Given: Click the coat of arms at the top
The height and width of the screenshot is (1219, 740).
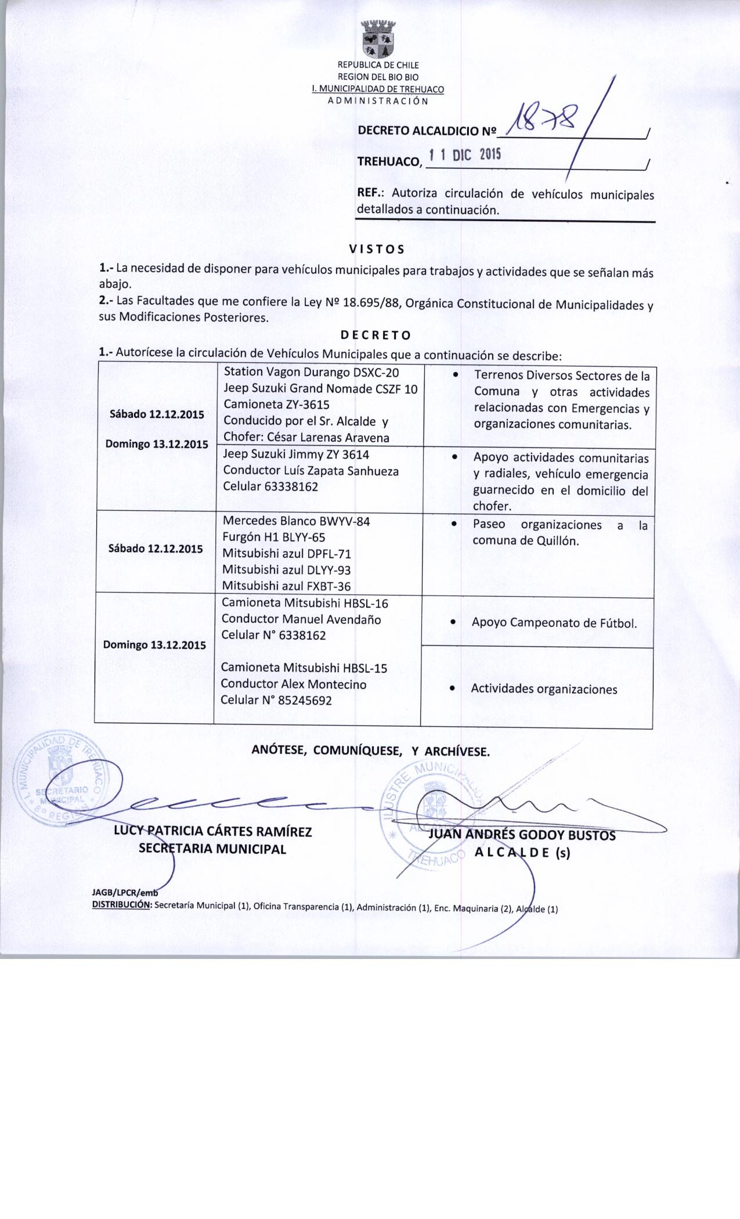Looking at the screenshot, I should pyautogui.click(x=378, y=39).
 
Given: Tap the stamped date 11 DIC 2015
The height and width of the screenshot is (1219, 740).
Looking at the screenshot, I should pyautogui.click(x=464, y=155).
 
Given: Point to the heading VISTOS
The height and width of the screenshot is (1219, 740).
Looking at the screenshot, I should pyautogui.click(x=376, y=250).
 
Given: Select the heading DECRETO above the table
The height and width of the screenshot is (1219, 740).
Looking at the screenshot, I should pyautogui.click(x=376, y=336).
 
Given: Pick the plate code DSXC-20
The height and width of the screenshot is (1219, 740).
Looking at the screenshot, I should pyautogui.click(x=376, y=372).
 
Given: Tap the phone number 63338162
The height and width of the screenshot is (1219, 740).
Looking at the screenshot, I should pyautogui.click(x=291, y=486).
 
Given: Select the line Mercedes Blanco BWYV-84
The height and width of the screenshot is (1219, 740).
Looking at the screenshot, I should pyautogui.click(x=296, y=521).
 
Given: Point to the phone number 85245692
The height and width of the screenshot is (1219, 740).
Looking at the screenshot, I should pyautogui.click(x=305, y=701).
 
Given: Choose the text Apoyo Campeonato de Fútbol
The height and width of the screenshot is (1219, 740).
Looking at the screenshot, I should pyautogui.click(x=554, y=623).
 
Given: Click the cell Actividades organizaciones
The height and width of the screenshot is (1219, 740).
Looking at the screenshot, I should pyautogui.click(x=544, y=689).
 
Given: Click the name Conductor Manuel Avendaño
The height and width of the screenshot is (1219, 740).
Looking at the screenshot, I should pyautogui.click(x=301, y=619).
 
